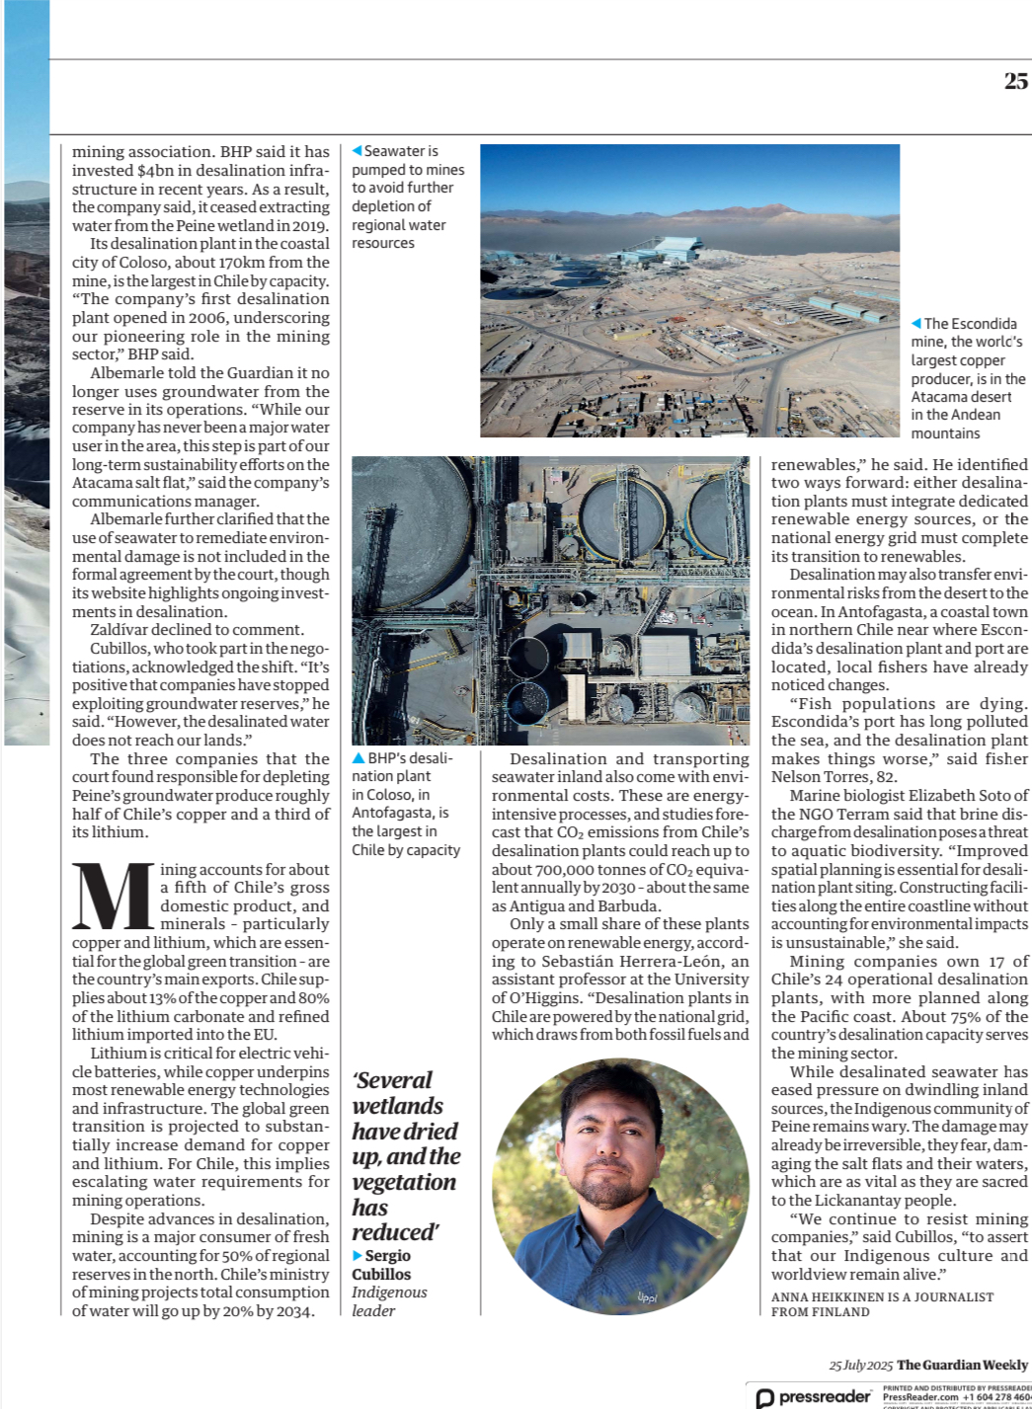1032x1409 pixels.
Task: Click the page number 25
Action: point(1015,81)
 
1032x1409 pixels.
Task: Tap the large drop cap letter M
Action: point(114,897)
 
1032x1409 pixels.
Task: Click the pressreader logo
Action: point(813,1396)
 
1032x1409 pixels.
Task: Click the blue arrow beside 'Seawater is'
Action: point(357,151)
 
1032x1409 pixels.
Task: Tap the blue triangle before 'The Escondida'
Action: point(915,324)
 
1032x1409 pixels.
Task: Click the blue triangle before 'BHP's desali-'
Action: point(358,758)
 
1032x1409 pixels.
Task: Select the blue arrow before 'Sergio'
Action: point(357,1256)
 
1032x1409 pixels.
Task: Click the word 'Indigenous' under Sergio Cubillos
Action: point(389,1292)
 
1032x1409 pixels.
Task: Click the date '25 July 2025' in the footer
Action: point(860,1365)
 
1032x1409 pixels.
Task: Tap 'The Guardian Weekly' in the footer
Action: point(962,1365)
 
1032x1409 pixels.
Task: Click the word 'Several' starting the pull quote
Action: point(392,1080)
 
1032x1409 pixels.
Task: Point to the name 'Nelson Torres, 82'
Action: point(834,777)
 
